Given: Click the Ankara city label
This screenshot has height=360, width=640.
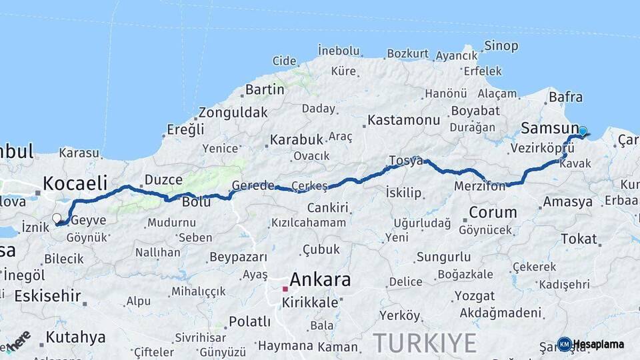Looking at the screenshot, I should coord(320,279).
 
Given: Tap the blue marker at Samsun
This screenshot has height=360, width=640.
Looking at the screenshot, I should coord(583,131).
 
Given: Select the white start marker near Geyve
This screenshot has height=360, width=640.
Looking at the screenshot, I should coord(57,218).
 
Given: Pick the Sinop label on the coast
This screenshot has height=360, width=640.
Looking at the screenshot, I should coord(501,46).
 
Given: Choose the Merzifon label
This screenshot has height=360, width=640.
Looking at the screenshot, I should coord(480,187).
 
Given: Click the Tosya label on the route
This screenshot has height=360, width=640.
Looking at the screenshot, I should coord(406,161).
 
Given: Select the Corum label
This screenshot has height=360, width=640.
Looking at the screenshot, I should coord(493,213).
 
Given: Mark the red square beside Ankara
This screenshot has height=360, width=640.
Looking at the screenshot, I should coord(285,289).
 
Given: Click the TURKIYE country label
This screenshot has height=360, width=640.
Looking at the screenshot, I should coord(425,343).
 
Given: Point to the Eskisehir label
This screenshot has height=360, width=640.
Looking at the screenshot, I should coord(47,295).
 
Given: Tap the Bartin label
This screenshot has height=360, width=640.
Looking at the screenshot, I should coord(265,89).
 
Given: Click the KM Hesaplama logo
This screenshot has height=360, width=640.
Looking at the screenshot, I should coord(591,344).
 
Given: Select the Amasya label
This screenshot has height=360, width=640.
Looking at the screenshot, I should coord(567,201).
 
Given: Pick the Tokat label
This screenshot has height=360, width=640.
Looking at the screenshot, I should coord(579,239).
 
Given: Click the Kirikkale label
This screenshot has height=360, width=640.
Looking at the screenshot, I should coord(309,302).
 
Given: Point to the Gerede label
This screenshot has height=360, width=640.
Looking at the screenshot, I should coord(253,185).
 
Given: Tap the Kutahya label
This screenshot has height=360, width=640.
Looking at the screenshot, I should coord(75,337).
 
